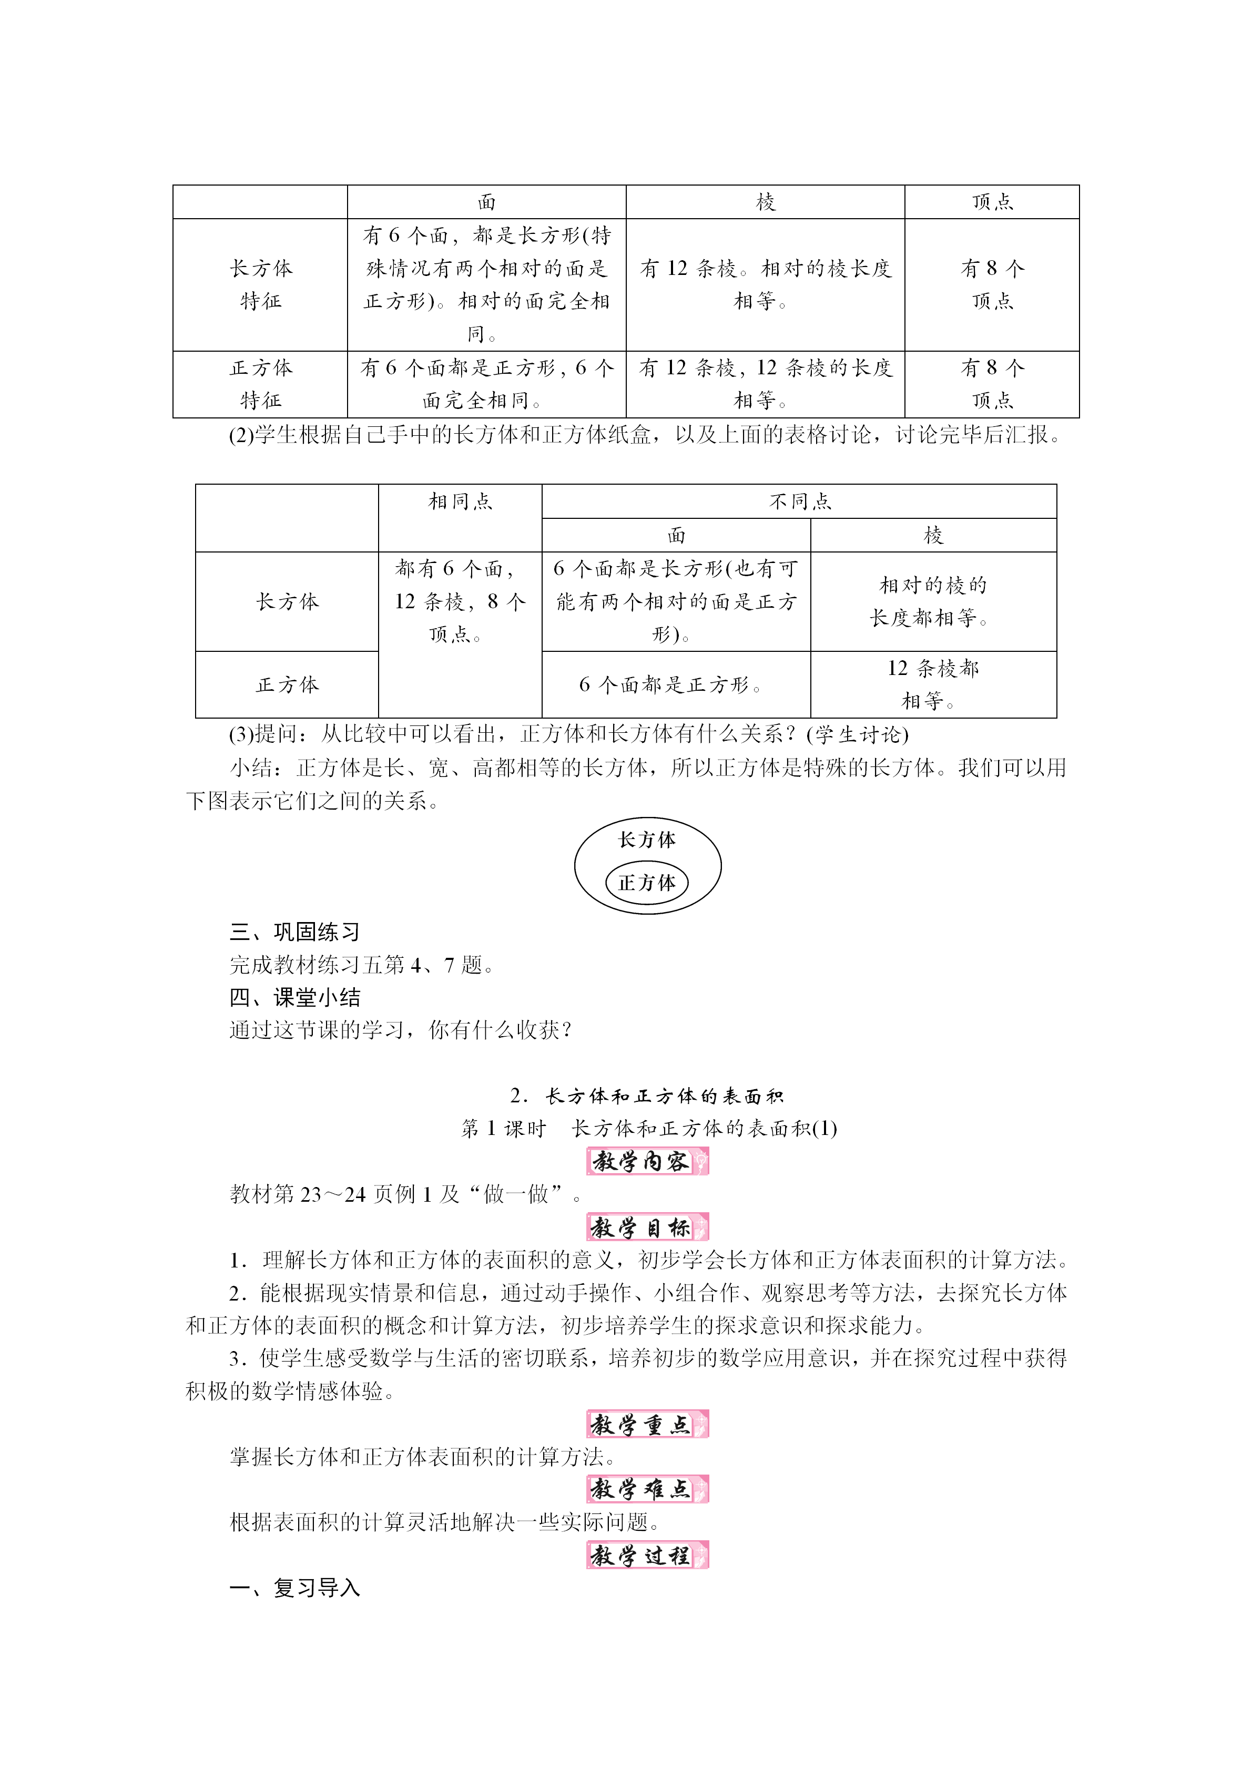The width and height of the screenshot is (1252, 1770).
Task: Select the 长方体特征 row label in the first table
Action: [x=261, y=284]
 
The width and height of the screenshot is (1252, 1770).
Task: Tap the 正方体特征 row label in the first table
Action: [x=261, y=384]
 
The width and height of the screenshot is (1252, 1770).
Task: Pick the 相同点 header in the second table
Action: [x=460, y=502]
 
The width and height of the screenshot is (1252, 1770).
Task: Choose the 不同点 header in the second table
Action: [x=799, y=502]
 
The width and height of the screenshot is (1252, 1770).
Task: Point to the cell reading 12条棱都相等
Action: [x=933, y=684]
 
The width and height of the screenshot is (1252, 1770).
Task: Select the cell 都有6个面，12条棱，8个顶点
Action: [x=460, y=601]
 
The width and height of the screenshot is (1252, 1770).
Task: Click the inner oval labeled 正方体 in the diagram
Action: [x=647, y=883]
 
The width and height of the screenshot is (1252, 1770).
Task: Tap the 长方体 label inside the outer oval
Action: [x=647, y=840]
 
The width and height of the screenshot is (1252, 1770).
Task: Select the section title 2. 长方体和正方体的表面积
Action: [x=647, y=1096]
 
